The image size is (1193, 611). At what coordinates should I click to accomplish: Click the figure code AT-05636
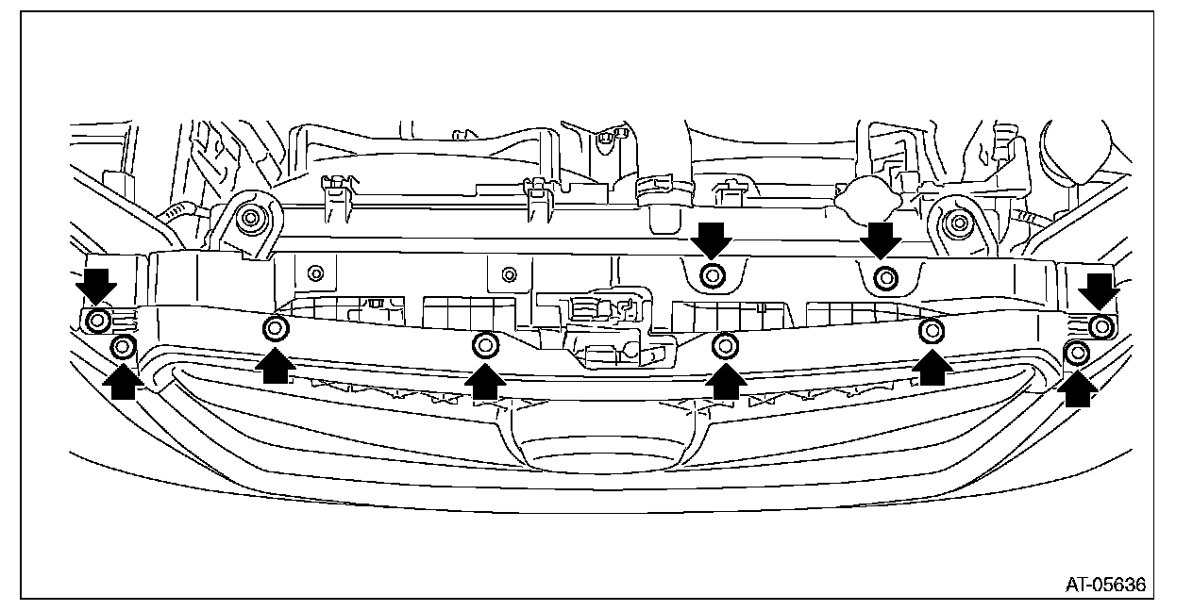coord(1105,585)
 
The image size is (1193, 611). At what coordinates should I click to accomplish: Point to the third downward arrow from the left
coord(882,240)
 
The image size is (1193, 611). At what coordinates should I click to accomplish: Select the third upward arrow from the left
coord(485,379)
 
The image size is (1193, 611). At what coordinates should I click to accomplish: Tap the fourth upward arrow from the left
coord(725,379)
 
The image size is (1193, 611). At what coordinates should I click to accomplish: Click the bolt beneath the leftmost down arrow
coord(96,321)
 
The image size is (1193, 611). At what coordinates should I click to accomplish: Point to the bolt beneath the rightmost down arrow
coord(1100,326)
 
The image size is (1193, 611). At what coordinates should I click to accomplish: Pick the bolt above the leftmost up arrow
coord(123,347)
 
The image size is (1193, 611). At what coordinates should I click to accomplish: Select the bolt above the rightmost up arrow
coord(1077,354)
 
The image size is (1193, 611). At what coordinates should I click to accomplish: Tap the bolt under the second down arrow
coord(714,276)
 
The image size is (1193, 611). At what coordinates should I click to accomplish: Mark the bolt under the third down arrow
coord(884,277)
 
